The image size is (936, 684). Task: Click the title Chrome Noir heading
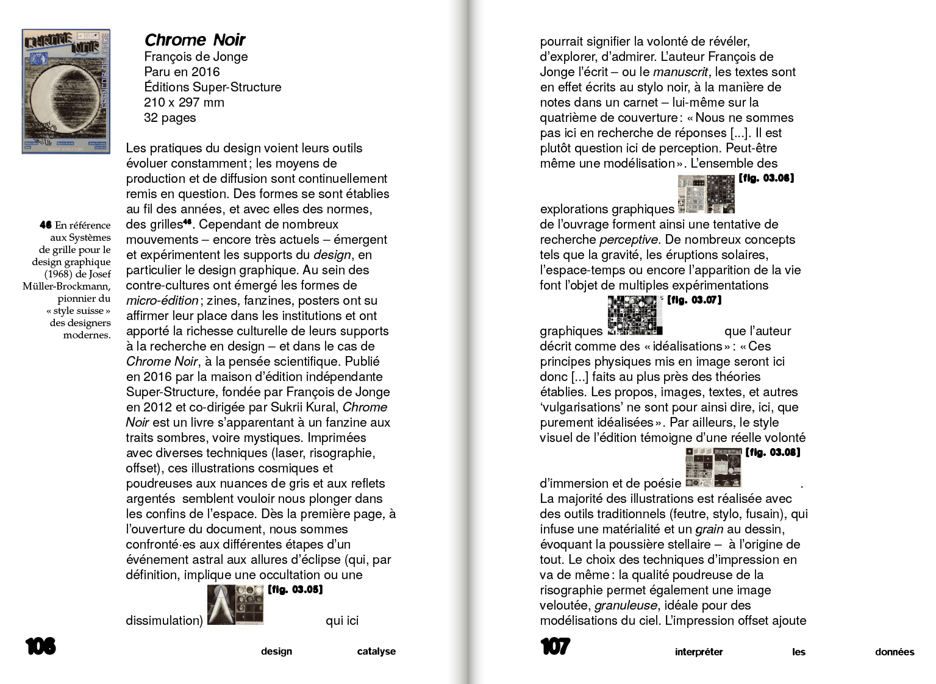(x=195, y=40)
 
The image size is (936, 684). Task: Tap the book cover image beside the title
(x=66, y=91)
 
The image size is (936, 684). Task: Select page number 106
(x=40, y=646)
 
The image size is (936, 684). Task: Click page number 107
(x=555, y=646)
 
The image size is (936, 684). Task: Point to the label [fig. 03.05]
(x=295, y=590)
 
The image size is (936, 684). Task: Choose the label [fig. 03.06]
(x=766, y=178)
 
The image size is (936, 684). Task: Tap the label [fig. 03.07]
(x=694, y=300)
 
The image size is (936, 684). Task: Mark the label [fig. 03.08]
(x=773, y=452)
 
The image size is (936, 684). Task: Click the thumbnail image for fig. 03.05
(x=235, y=605)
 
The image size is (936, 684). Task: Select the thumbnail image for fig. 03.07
(x=634, y=315)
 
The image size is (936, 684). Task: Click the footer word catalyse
(x=376, y=651)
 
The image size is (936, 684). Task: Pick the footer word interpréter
(x=698, y=652)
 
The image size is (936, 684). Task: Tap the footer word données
(x=895, y=652)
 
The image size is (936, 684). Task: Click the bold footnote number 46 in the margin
(x=46, y=225)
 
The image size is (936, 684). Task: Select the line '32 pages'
(x=170, y=118)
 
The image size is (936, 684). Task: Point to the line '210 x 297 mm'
(x=184, y=102)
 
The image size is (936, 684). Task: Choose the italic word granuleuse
(x=626, y=605)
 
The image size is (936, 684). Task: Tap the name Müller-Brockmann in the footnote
(x=66, y=286)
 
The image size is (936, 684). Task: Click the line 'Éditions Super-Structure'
(x=213, y=87)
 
